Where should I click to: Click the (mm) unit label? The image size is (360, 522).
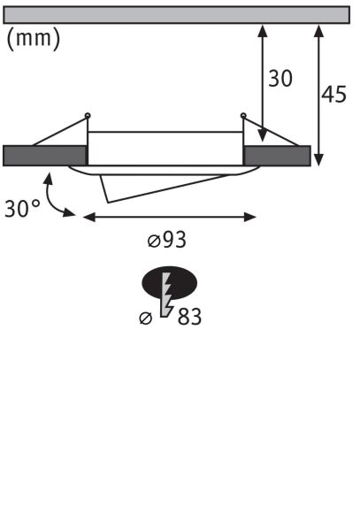[x=33, y=39]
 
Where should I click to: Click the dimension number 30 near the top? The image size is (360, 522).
[x=280, y=79]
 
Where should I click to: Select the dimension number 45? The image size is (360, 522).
[x=333, y=95]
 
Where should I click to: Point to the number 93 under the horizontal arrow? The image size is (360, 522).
[x=174, y=240]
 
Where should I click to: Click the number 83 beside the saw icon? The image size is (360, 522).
[x=188, y=316]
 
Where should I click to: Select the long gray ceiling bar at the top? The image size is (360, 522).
[x=177, y=14]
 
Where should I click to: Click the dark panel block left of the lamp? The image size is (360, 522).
[x=44, y=155]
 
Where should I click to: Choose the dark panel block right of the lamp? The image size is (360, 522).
[x=277, y=155]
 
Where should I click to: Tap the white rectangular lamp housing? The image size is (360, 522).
[x=165, y=148]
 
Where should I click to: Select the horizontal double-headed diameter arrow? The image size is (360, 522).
[x=168, y=215]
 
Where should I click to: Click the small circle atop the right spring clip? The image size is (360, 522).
[x=244, y=114]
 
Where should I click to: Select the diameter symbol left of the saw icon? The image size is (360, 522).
[x=147, y=319]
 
